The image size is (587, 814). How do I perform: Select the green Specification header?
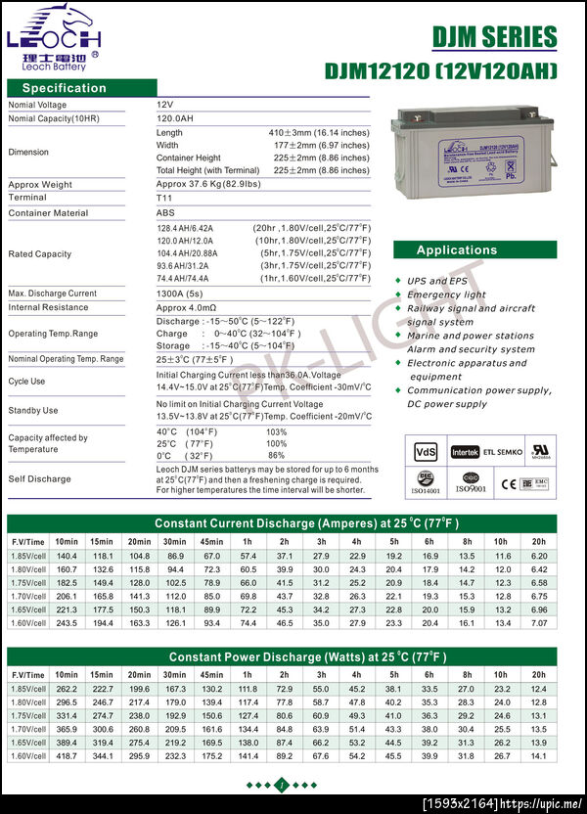(64, 88)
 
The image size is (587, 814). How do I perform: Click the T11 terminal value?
(163, 198)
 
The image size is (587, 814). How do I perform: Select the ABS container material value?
(165, 213)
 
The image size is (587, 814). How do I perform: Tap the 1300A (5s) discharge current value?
(181, 294)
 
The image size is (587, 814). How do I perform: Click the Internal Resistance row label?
(50, 307)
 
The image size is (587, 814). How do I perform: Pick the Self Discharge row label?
(39, 479)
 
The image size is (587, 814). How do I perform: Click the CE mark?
(509, 482)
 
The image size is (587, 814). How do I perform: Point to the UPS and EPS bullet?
(438, 281)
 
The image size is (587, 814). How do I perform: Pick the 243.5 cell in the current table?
(67, 622)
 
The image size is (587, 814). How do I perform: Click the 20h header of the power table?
(538, 674)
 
